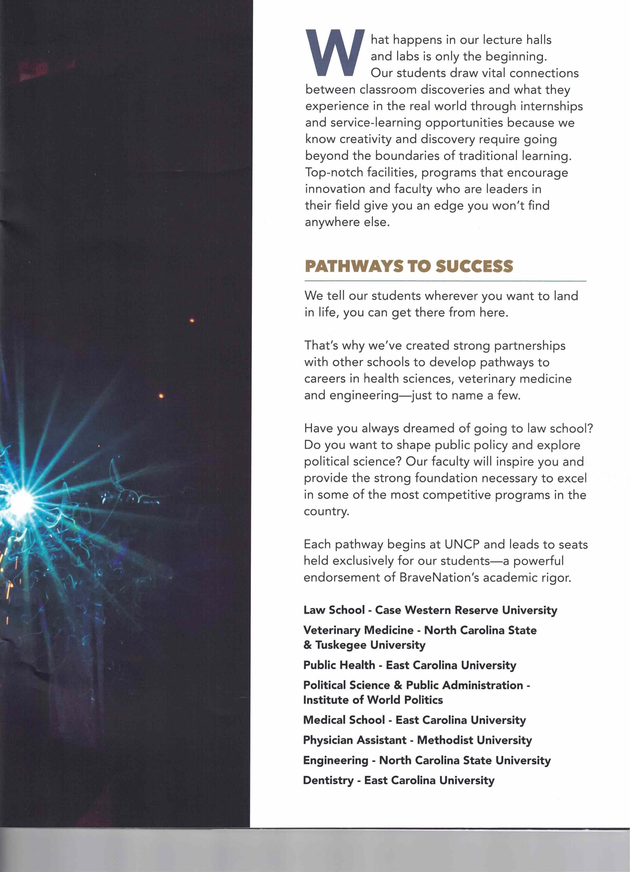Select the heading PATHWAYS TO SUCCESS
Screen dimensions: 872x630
(409, 266)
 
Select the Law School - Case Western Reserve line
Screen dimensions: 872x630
(430, 610)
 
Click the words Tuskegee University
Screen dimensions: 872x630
(370, 645)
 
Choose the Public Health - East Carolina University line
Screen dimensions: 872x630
(410, 665)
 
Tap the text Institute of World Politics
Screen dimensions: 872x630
(373, 700)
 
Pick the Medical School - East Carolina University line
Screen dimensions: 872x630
(414, 720)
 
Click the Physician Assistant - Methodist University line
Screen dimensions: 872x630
(417, 740)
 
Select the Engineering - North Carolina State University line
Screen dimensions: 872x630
(427, 760)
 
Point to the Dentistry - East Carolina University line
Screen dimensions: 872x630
(398, 780)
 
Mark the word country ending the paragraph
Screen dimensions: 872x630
(326, 511)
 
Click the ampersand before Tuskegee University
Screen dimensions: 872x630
(307, 645)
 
